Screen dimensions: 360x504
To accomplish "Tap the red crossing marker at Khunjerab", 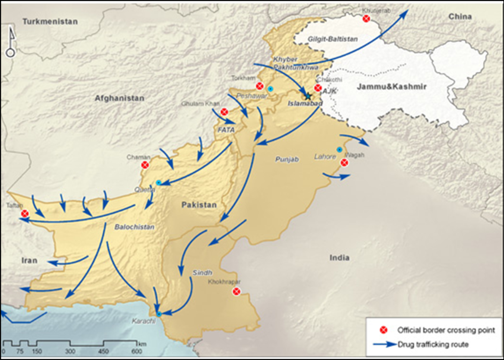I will point(366,18).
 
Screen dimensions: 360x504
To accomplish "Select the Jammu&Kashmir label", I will point(391,87).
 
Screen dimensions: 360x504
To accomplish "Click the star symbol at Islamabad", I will point(308,96).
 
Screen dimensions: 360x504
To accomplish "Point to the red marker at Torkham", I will point(259,86).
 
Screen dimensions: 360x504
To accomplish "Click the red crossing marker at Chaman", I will point(145,164).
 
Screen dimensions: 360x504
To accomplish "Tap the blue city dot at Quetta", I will point(159,183).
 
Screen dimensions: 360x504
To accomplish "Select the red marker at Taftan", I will point(25,213).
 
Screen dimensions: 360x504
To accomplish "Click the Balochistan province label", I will point(134,227).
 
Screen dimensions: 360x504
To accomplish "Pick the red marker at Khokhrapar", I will point(236,292).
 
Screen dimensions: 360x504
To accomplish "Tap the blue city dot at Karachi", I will point(159,314).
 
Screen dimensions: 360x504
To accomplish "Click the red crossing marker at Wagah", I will point(344,163).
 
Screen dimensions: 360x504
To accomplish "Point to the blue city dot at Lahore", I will point(340,150).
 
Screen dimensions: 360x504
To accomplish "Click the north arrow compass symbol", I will point(10,43).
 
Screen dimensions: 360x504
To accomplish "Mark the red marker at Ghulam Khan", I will point(224,112).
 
